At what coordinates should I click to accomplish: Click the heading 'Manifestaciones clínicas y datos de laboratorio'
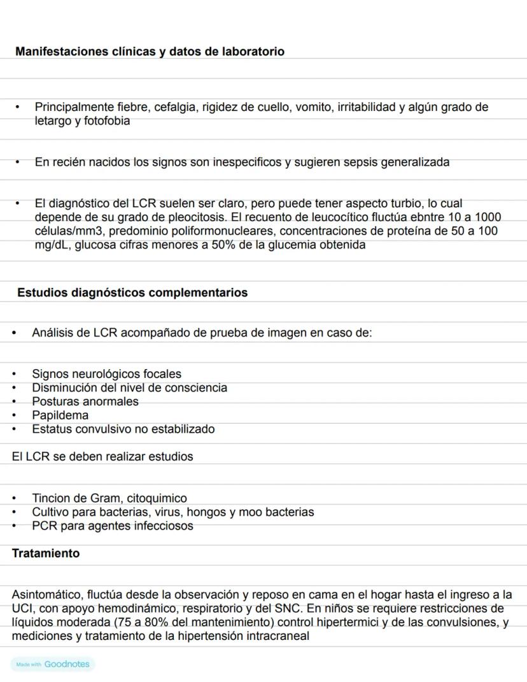[x=150, y=52]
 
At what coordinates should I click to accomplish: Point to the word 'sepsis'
[x=360, y=162]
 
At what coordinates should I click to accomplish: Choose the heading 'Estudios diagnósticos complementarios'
[x=132, y=293]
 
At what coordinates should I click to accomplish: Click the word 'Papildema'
[x=60, y=416]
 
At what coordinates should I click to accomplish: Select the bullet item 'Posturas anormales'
[x=85, y=402]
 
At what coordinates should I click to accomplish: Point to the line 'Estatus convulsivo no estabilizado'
[x=123, y=429]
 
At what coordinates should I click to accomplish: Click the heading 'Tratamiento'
[x=46, y=553]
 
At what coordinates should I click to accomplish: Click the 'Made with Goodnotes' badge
[x=53, y=664]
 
